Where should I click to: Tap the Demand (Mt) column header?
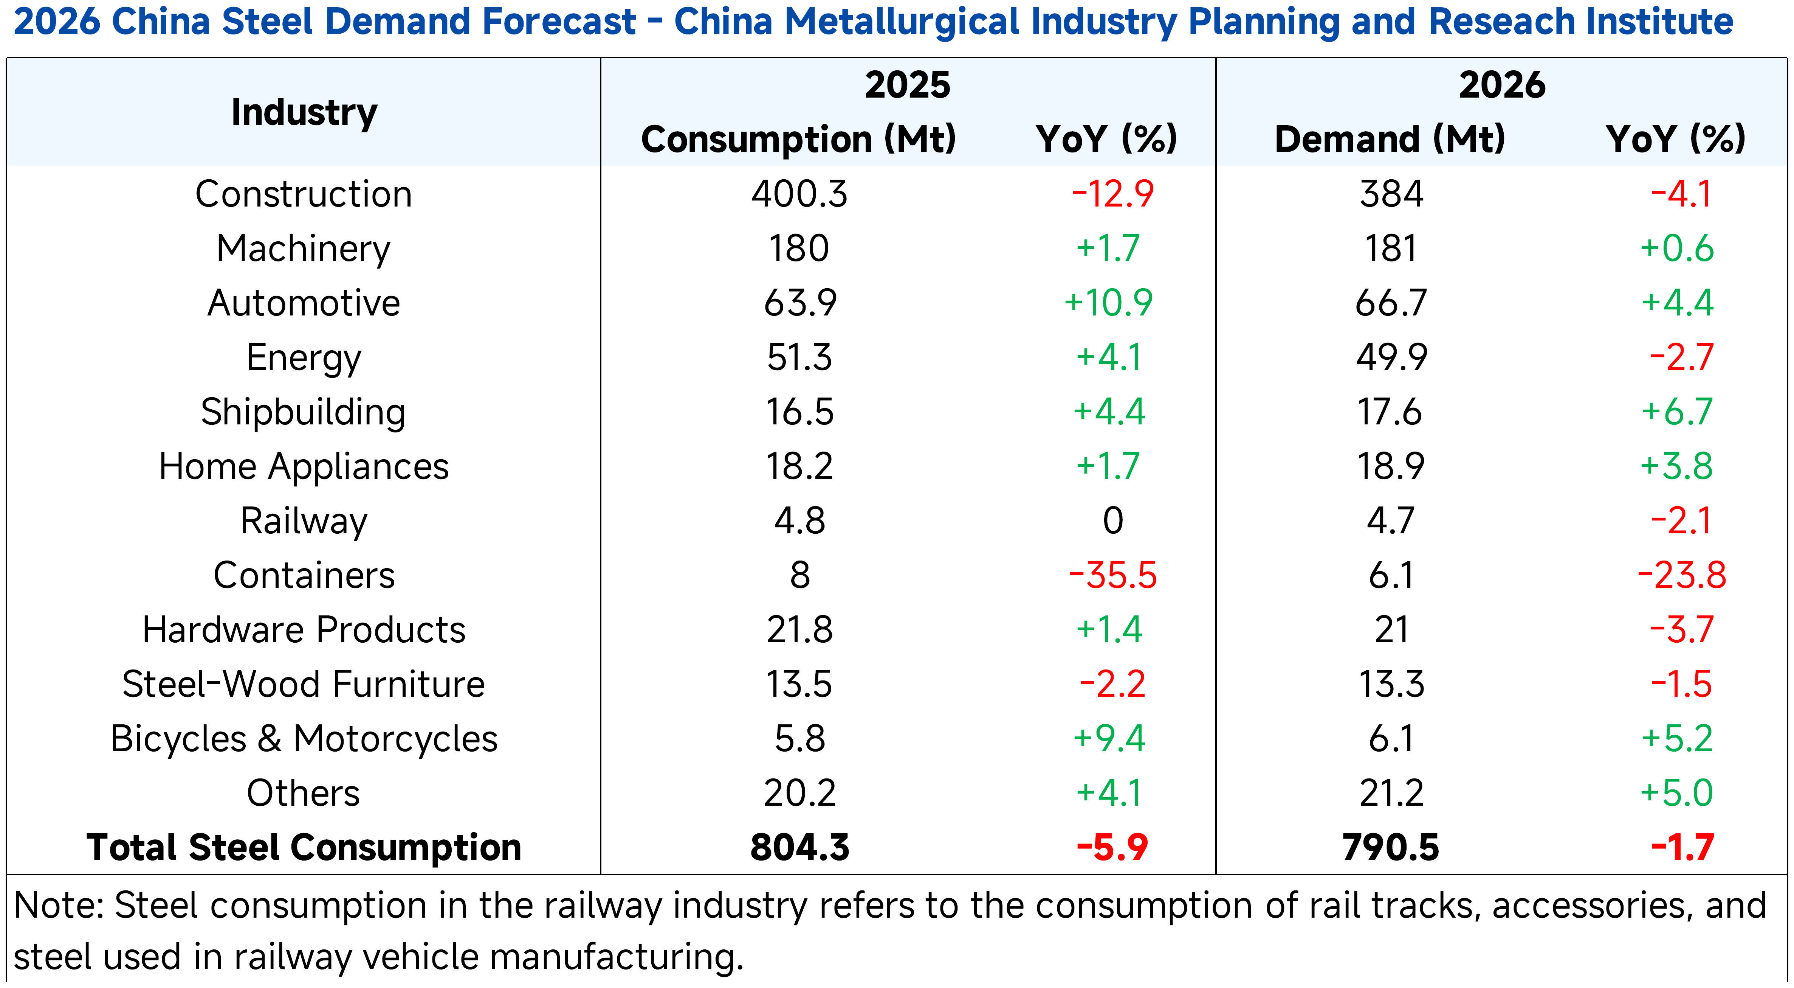pyautogui.click(x=1390, y=139)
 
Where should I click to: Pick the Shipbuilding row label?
pyautogui.click(x=304, y=412)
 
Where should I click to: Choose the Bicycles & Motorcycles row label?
pyautogui.click(x=304, y=739)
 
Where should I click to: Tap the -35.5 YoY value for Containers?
pyautogui.click(x=1112, y=576)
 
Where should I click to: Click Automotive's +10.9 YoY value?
pyautogui.click(x=1109, y=303)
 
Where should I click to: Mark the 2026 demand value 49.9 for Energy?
pyautogui.click(x=1391, y=357)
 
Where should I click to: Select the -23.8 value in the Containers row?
pyautogui.click(x=1681, y=576)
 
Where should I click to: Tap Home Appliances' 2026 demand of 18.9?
pyautogui.click(x=1391, y=466)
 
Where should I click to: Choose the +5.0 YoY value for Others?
pyautogui.click(x=1676, y=793)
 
